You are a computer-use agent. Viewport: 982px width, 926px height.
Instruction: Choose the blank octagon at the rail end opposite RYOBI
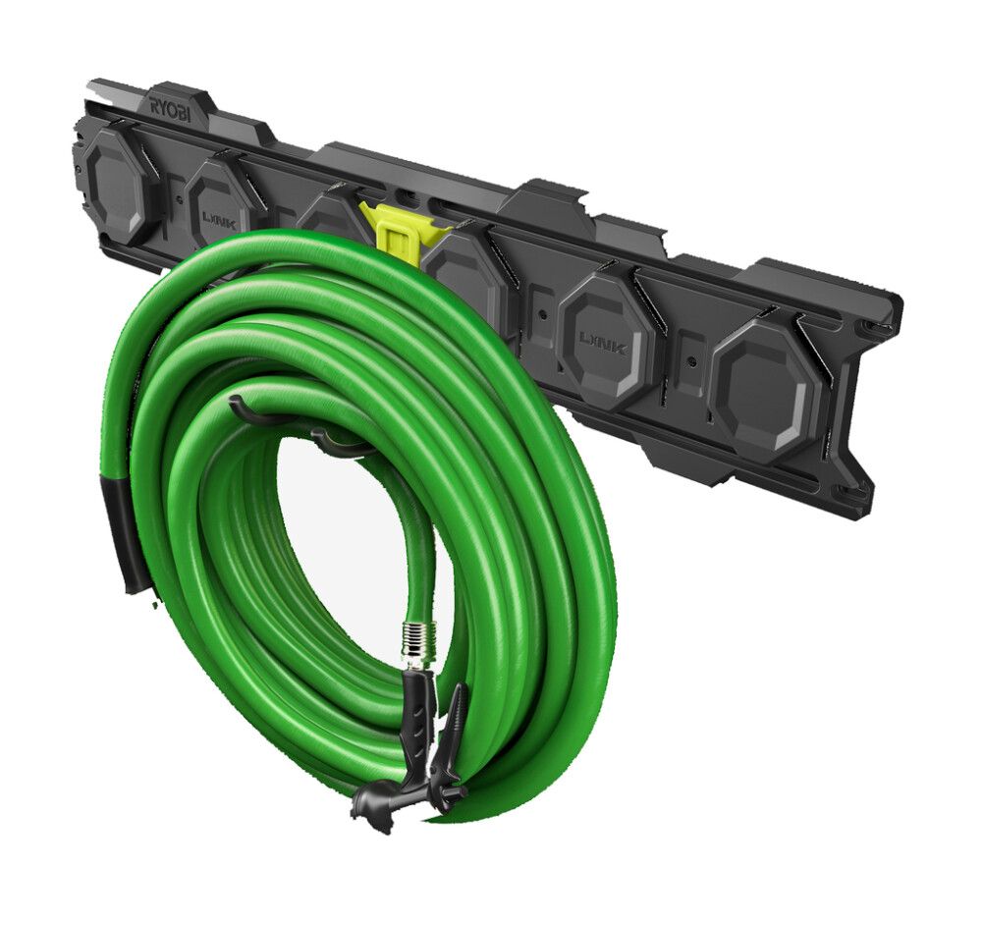coord(766,383)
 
